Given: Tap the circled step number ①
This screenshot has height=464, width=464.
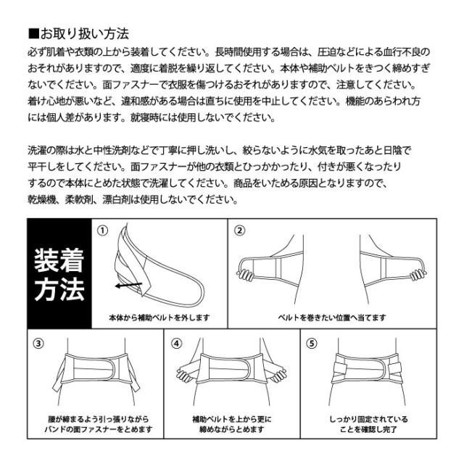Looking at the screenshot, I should point(103,230).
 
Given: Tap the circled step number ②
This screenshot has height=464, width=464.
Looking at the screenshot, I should point(239,231).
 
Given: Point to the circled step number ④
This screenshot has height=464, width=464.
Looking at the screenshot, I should point(175,344).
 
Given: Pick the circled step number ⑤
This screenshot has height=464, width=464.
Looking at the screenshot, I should point(312,344).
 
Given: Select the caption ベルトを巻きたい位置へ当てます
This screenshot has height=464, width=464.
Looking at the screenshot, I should point(333,318).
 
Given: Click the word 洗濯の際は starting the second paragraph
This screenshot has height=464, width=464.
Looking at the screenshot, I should point(55,150).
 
